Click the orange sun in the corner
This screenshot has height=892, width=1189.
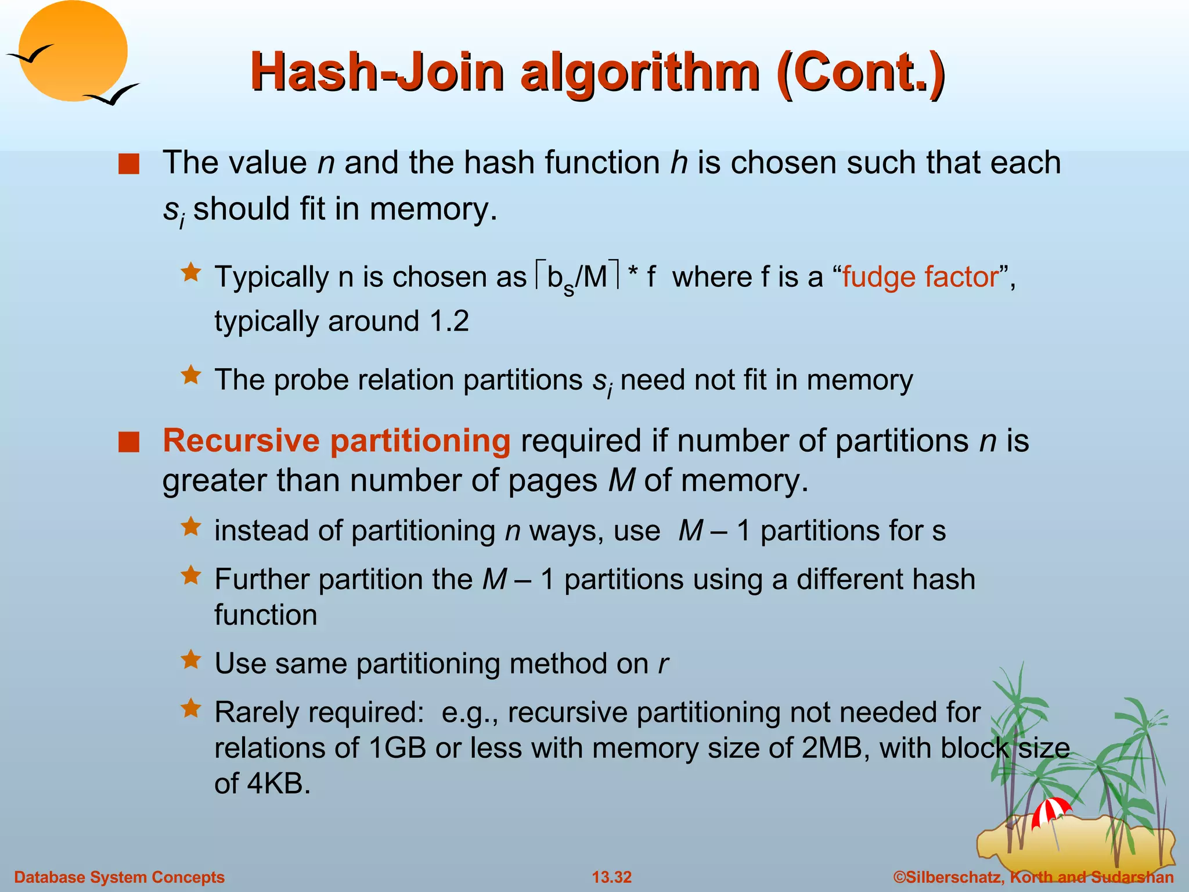(x=73, y=51)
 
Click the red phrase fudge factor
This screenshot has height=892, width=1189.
(x=921, y=277)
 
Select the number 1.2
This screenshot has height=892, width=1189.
(x=449, y=321)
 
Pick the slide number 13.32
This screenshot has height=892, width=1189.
(x=611, y=877)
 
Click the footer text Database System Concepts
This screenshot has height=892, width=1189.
(x=119, y=877)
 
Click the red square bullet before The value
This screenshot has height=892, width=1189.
(x=128, y=164)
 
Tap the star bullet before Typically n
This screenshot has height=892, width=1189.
(x=190, y=272)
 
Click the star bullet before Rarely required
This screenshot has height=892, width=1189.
(x=190, y=708)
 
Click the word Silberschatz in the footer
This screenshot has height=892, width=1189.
(x=952, y=877)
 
